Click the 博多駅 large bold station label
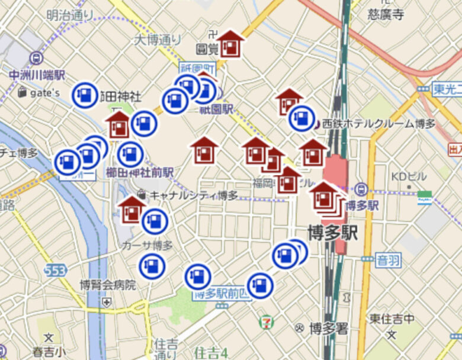pyautogui.click(x=332, y=232)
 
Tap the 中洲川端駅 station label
pyautogui.click(x=37, y=75)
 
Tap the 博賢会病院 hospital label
pyautogui.click(x=108, y=285)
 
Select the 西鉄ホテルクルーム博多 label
pyautogui.click(x=379, y=124)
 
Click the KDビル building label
pyautogui.click(x=409, y=177)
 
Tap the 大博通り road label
pyautogui.click(x=158, y=40)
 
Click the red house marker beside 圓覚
pyautogui.click(x=230, y=44)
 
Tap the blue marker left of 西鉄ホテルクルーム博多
pyautogui.click(x=301, y=118)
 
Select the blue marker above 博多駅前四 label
pyautogui.click(x=198, y=277)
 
